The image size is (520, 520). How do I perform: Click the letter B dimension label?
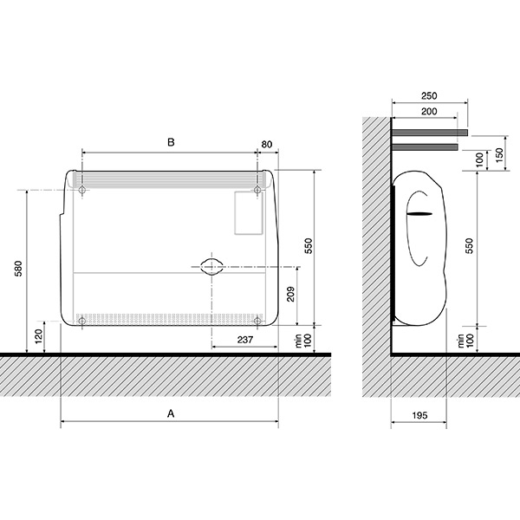click(171, 142)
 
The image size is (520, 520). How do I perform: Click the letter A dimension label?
click(171, 413)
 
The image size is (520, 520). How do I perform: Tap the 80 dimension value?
click(267, 144)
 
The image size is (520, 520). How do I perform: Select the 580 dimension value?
click(18, 269)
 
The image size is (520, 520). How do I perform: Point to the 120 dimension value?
click(39, 336)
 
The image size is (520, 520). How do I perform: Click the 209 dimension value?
click(290, 294)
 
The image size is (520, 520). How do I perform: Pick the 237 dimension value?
click(245, 340)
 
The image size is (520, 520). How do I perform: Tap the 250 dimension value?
click(429, 96)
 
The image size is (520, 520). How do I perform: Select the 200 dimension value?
click(429, 112)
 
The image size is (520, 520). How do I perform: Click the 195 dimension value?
click(419, 415)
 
